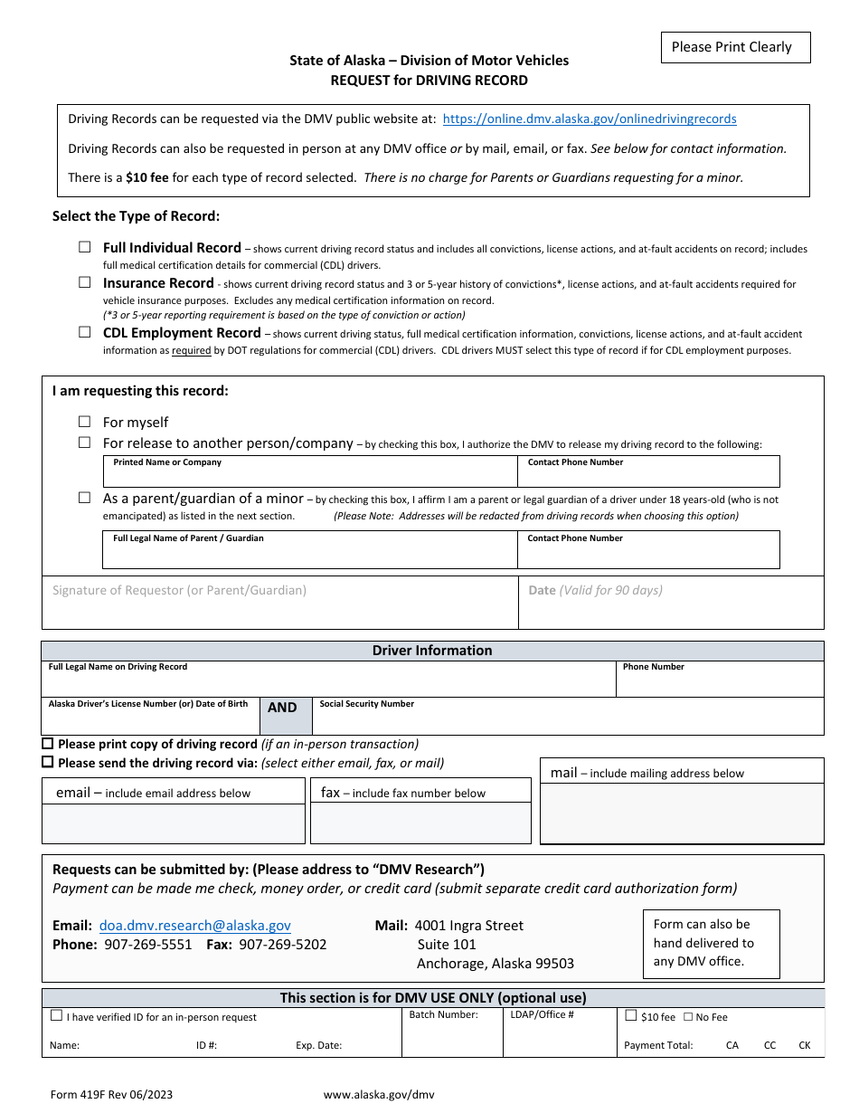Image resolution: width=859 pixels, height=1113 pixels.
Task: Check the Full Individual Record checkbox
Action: [x=85, y=247]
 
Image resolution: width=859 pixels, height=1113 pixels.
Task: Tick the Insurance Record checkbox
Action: [x=85, y=282]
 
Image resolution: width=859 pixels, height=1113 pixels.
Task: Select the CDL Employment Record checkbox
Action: [x=85, y=332]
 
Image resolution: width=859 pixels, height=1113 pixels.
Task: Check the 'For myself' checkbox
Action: [x=85, y=422]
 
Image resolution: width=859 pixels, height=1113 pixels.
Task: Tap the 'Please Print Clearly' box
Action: [x=732, y=47]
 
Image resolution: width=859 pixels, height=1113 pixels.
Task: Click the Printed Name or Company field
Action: [x=309, y=476]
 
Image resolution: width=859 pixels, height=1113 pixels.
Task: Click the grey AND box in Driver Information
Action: [x=282, y=715]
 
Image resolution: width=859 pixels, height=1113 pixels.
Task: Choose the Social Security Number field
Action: [x=567, y=719]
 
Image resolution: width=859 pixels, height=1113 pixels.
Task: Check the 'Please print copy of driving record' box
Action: [x=48, y=744]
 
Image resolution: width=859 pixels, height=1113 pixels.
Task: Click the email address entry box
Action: [x=173, y=823]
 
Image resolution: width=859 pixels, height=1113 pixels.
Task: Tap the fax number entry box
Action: [x=420, y=823]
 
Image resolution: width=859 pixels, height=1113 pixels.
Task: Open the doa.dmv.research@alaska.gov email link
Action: [x=195, y=926]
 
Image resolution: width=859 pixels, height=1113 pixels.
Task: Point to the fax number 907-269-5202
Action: [x=283, y=945]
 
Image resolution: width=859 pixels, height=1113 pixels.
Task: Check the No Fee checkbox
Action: [x=688, y=1017]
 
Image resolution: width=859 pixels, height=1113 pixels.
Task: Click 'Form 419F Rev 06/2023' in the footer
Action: [x=111, y=1094]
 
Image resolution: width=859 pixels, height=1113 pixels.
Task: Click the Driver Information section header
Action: [x=432, y=651]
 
